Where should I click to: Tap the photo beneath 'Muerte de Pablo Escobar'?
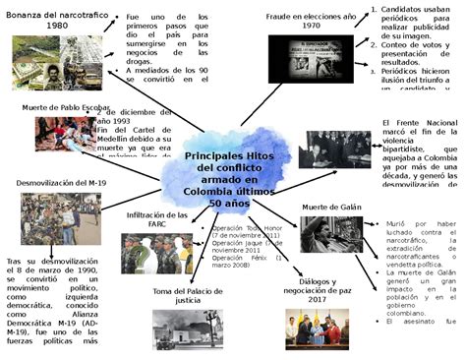tap(65, 134)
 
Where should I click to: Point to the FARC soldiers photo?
tap(156, 254)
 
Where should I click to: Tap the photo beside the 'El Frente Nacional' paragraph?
tap(334, 150)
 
